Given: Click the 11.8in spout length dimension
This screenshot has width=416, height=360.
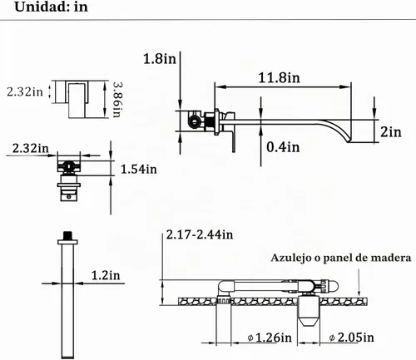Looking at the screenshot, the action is click(280, 77).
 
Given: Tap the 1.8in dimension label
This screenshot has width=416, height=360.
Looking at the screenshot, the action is click(160, 59).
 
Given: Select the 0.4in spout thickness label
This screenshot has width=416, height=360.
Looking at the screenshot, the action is click(283, 146).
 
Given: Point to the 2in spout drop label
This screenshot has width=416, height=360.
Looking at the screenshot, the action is click(391, 131).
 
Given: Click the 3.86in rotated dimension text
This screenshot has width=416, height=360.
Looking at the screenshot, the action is click(117, 100).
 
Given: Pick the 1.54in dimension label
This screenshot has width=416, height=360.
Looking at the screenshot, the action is click(139, 169).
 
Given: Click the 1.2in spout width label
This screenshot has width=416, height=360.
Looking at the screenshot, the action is click(106, 275).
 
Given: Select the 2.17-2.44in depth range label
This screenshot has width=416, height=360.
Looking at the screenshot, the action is click(200, 234).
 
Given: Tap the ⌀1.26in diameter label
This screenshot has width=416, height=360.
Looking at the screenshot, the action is click(270, 338).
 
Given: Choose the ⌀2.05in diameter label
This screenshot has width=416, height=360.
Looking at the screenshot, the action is click(352, 338).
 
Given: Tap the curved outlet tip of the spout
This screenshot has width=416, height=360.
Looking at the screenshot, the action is click(349, 141).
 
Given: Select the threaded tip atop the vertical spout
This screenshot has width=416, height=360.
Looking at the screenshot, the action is click(67, 235).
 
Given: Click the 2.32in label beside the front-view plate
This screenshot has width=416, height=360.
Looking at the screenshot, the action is click(25, 91).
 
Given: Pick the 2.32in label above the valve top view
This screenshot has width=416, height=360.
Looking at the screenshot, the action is click(30, 149).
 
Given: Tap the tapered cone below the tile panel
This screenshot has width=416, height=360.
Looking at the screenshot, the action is click(309, 321).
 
